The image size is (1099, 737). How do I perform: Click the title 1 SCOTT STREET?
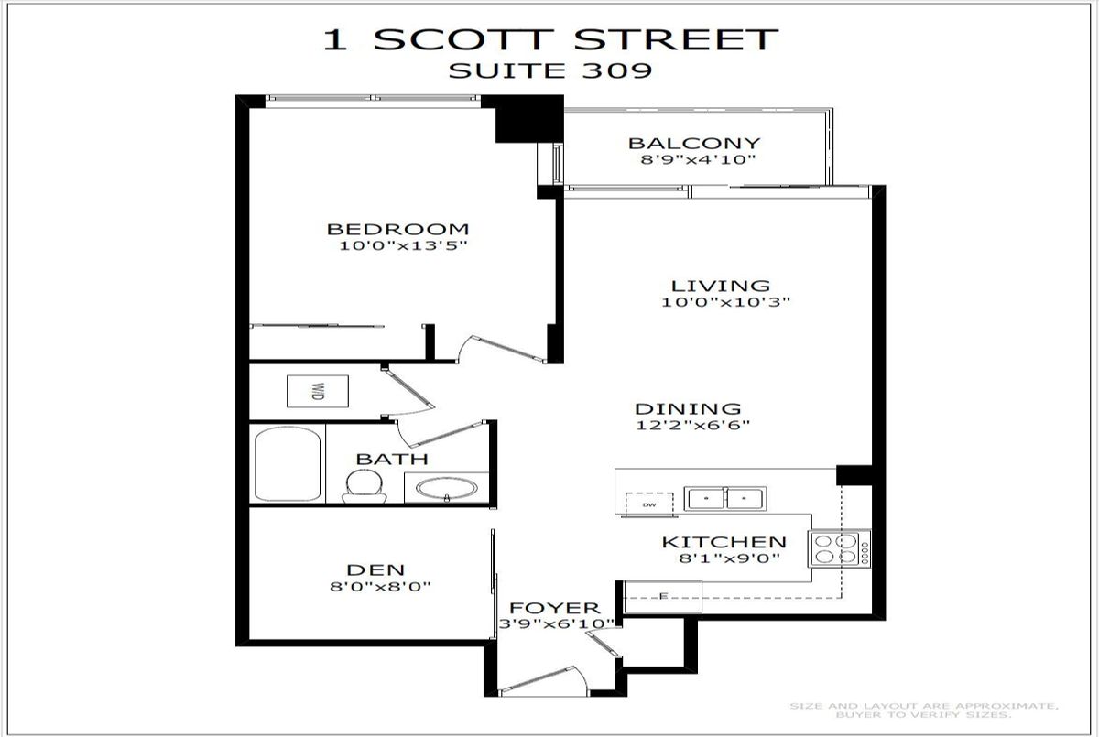(549, 39)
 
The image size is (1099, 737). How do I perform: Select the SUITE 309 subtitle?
(549, 70)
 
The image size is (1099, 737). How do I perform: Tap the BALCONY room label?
(693, 143)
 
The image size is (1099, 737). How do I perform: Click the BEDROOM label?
(398, 229)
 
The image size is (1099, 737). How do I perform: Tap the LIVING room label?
(720, 286)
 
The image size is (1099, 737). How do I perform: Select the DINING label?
(688, 408)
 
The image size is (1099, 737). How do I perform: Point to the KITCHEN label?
(724, 543)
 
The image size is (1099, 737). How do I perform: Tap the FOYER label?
(555, 608)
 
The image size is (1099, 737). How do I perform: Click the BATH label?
(392, 459)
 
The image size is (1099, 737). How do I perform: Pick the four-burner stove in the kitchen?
(840, 547)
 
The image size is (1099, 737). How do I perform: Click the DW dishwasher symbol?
(648, 504)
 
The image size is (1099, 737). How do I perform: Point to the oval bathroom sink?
(446, 487)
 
